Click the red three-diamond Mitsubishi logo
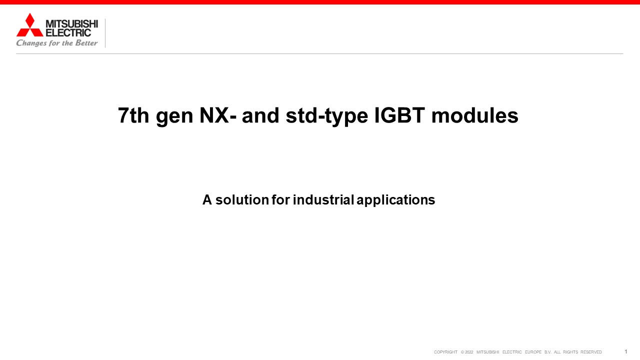point(29,25)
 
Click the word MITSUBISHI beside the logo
point(71,23)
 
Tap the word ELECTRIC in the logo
point(68,33)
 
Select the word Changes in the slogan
point(31,43)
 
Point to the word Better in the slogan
point(86,43)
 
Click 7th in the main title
point(133,115)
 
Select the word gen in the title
point(174,117)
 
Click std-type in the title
point(327,116)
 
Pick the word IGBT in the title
point(399,115)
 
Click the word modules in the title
point(475,115)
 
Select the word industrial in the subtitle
point(323,199)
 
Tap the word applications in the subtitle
point(396,201)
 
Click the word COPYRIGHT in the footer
point(445,352)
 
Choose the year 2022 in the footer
point(469,352)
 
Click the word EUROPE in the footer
point(533,352)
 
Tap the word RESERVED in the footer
point(591,352)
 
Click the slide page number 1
point(625,351)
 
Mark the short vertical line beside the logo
point(105,33)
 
